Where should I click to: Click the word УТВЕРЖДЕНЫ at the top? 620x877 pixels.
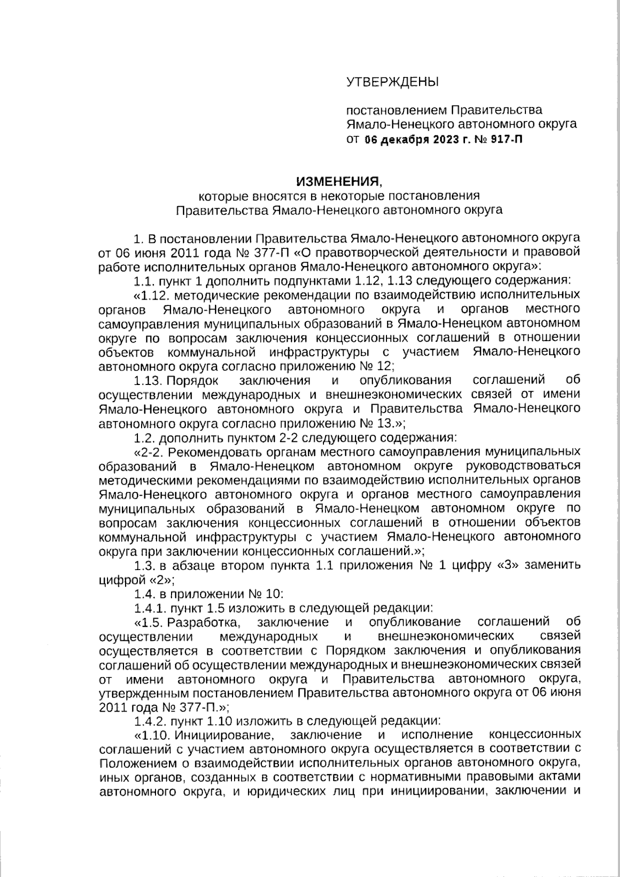(x=392, y=81)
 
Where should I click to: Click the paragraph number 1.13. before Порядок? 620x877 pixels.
(x=148, y=380)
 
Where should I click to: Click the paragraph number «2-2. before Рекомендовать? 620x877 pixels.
(x=150, y=452)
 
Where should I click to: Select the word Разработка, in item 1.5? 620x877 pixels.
(x=202, y=621)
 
